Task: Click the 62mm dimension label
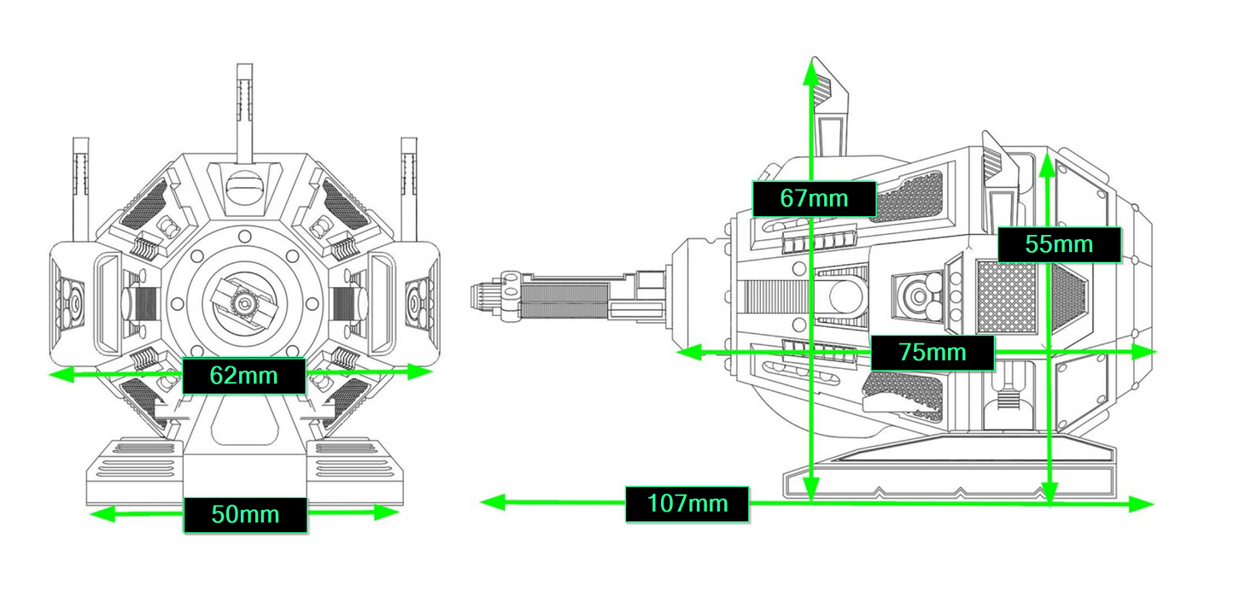pyautogui.click(x=244, y=376)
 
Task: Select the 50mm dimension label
pyautogui.click(x=245, y=515)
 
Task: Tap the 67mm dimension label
pyautogui.click(x=814, y=198)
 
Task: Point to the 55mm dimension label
pyautogui.click(x=1060, y=244)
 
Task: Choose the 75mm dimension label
pyautogui.click(x=933, y=352)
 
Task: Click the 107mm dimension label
pyautogui.click(x=687, y=504)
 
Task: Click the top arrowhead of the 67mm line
pyautogui.click(x=811, y=73)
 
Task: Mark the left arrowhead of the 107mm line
pyautogui.click(x=493, y=502)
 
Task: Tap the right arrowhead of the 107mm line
pyautogui.click(x=1141, y=504)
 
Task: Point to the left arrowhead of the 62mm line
pyautogui.click(x=61, y=375)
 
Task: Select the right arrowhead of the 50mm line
pyautogui.click(x=386, y=512)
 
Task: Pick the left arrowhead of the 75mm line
pyautogui.click(x=689, y=352)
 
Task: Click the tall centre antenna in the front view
pyautogui.click(x=244, y=113)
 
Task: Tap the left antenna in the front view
pyautogui.click(x=81, y=189)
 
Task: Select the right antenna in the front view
pyautogui.click(x=409, y=189)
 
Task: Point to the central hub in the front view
pyautogui.click(x=243, y=302)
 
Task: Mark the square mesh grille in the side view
pyautogui.click(x=1007, y=296)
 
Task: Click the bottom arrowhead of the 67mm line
pyautogui.click(x=811, y=488)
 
